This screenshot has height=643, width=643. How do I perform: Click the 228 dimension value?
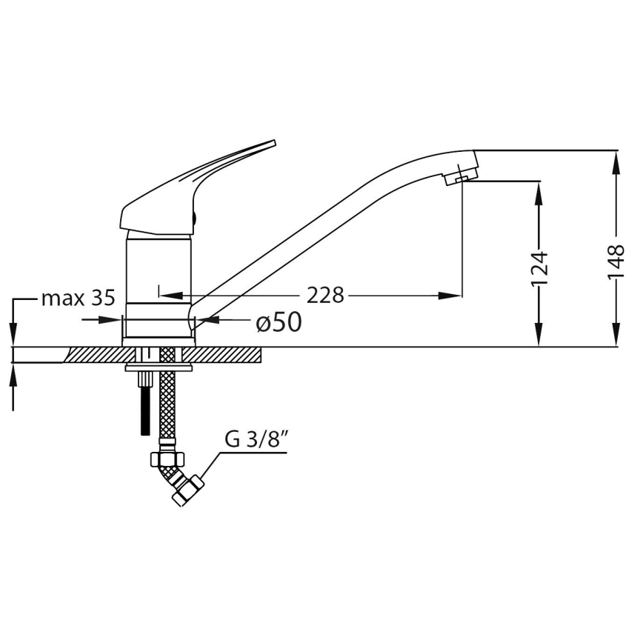[x=327, y=295]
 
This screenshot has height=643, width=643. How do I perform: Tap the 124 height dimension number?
[x=540, y=268]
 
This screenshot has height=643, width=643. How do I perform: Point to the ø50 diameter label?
[x=278, y=322]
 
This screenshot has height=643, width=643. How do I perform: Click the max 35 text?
[x=78, y=299]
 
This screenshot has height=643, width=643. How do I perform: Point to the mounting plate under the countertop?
[x=159, y=367]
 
